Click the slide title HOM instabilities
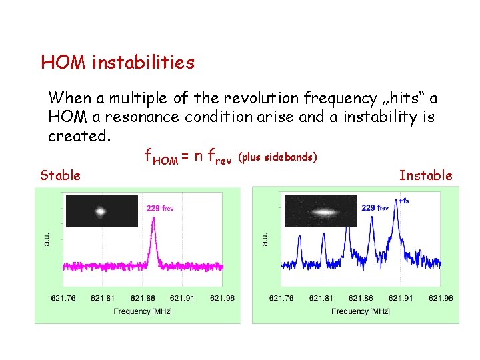point(117,63)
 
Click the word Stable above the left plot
point(60,175)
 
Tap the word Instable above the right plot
point(425,175)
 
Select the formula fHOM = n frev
point(188,157)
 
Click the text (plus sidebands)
point(277,157)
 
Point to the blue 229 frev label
point(375,207)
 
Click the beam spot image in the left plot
point(101,211)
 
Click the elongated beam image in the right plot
point(320,212)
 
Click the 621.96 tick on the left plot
point(222,298)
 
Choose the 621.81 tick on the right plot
point(321,298)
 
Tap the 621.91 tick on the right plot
point(401,298)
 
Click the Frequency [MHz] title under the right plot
point(360,311)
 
